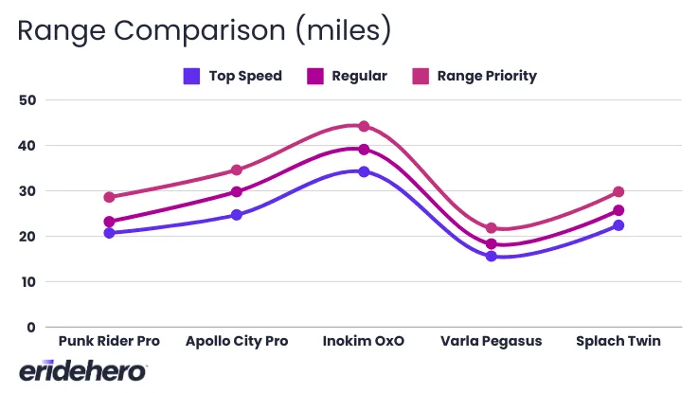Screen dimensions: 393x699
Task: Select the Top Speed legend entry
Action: pyautogui.click(x=233, y=76)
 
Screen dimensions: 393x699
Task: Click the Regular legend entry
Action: pyautogui.click(x=347, y=76)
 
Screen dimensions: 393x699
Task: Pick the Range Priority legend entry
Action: pyautogui.click(x=474, y=76)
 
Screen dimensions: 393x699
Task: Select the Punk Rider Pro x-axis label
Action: pyautogui.click(x=109, y=341)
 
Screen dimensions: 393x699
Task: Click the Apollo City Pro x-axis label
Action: pyautogui.click(x=237, y=341)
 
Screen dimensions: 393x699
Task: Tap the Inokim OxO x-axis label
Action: pyautogui.click(x=364, y=341)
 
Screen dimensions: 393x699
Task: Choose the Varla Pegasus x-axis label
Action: pyautogui.click(x=491, y=341)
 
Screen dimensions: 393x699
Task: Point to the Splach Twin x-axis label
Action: pyautogui.click(x=618, y=341)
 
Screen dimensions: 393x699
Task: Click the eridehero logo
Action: pyautogui.click(x=82, y=370)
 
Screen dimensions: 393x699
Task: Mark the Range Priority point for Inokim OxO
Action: pyautogui.click(x=364, y=126)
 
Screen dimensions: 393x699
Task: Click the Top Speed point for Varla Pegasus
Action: pyautogui.click(x=491, y=257)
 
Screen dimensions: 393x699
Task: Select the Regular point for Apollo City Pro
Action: pyautogui.click(x=237, y=192)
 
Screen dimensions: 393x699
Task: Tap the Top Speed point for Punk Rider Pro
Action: pyautogui.click(x=110, y=233)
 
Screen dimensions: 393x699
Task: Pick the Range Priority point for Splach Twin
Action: pyautogui.click(x=618, y=192)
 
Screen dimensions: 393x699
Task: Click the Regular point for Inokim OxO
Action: pyautogui.click(x=364, y=150)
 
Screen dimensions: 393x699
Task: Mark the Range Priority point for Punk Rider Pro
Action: pyautogui.click(x=110, y=197)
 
